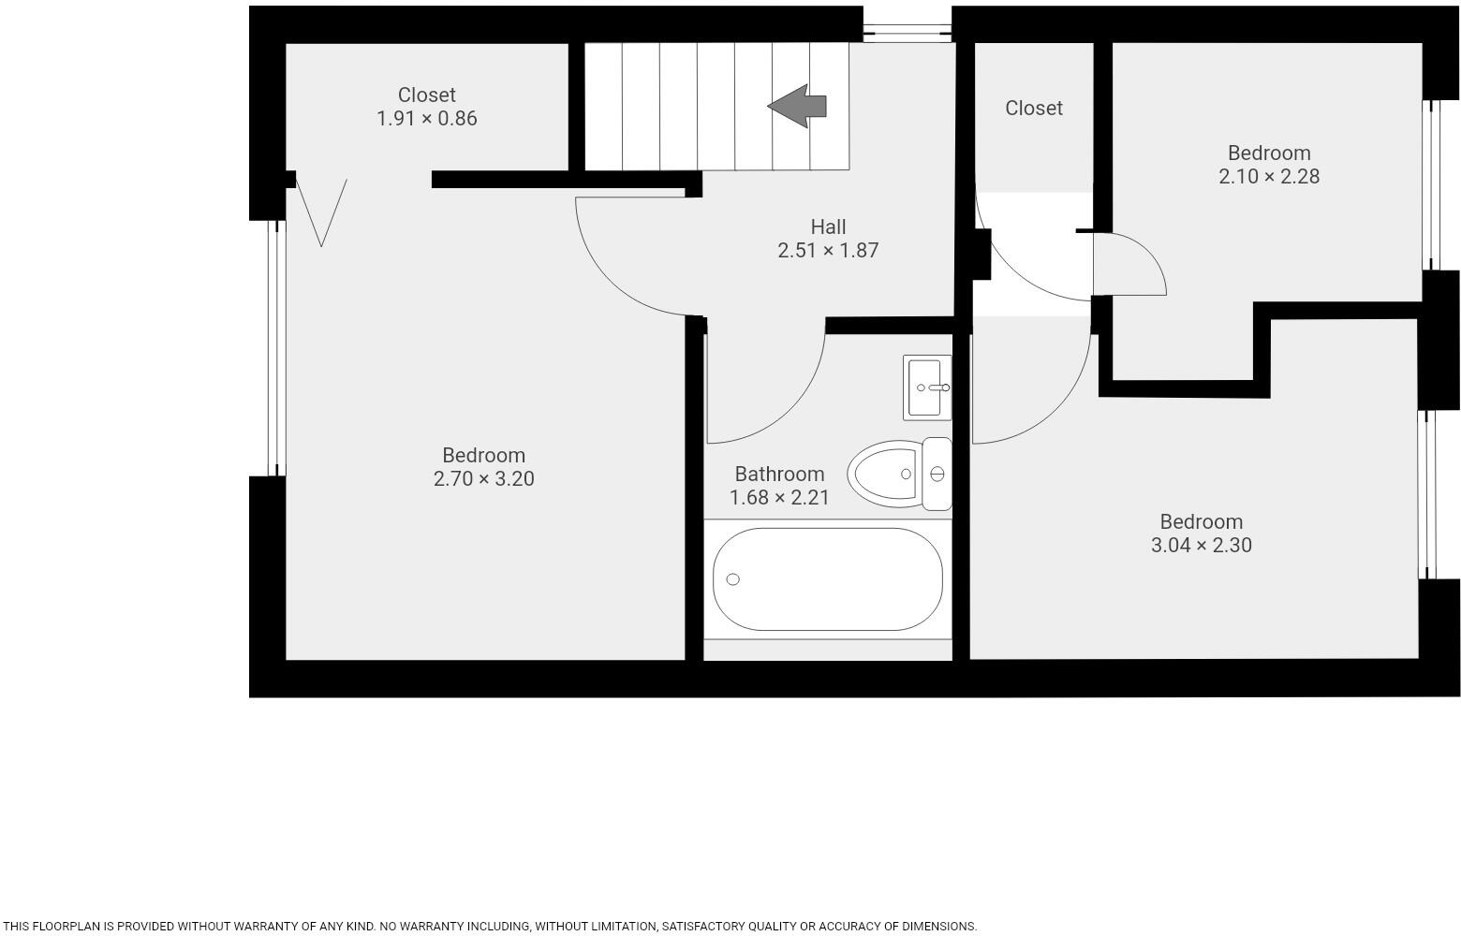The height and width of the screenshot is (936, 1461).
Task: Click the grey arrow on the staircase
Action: tap(797, 106)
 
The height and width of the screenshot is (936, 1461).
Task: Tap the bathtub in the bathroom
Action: tap(827, 579)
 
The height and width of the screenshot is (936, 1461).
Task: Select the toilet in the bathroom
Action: tap(886, 475)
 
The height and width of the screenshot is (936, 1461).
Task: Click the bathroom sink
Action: tap(927, 388)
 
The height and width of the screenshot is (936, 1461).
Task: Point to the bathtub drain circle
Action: tap(733, 579)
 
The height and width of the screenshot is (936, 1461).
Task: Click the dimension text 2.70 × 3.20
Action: tap(483, 479)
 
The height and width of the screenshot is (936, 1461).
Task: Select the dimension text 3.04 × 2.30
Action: tap(1201, 546)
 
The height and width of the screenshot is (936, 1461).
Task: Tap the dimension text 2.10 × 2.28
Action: tap(1268, 177)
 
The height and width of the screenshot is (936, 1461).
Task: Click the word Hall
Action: tap(828, 227)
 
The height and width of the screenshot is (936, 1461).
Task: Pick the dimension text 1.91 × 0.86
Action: tap(426, 119)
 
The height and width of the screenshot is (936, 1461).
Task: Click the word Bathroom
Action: tap(779, 474)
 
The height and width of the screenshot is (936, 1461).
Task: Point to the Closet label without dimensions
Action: tap(1033, 109)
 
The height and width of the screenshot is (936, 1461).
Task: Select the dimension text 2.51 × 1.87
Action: tap(828, 251)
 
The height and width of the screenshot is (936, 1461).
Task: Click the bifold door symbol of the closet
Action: tap(321, 212)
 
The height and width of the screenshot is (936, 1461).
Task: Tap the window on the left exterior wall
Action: tap(275, 348)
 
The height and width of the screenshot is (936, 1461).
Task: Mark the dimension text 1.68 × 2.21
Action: tap(779, 498)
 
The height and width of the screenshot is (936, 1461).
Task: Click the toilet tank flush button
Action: tap(937, 475)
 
